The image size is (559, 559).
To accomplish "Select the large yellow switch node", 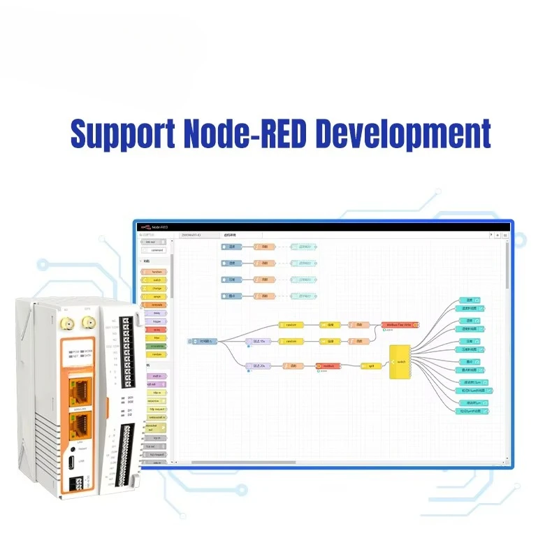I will pyautogui.click(x=401, y=361).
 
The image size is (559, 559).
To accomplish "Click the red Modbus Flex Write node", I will pyautogui.click(x=400, y=325).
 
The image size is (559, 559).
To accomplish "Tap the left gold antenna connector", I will pyautogui.click(x=70, y=323).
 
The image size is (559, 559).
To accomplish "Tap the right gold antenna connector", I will pyautogui.click(x=89, y=322).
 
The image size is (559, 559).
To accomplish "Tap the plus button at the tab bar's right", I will pyautogui.click(x=497, y=235).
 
